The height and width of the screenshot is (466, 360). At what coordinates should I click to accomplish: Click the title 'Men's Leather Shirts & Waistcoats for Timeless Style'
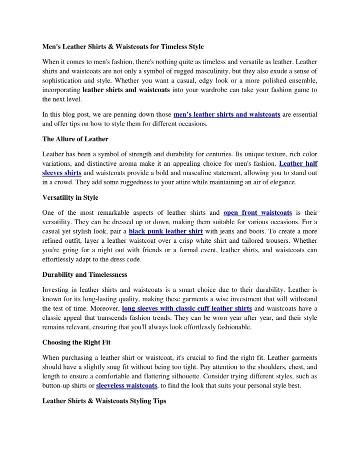click(123, 47)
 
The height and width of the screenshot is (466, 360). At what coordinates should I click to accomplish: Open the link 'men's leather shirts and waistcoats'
click(226, 115)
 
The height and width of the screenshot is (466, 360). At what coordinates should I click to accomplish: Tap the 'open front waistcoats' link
click(257, 212)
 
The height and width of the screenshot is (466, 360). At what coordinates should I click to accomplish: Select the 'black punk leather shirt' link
click(165, 232)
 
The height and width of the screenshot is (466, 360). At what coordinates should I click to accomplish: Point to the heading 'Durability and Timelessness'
click(84, 275)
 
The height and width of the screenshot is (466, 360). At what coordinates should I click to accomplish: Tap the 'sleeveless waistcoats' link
click(127, 385)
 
